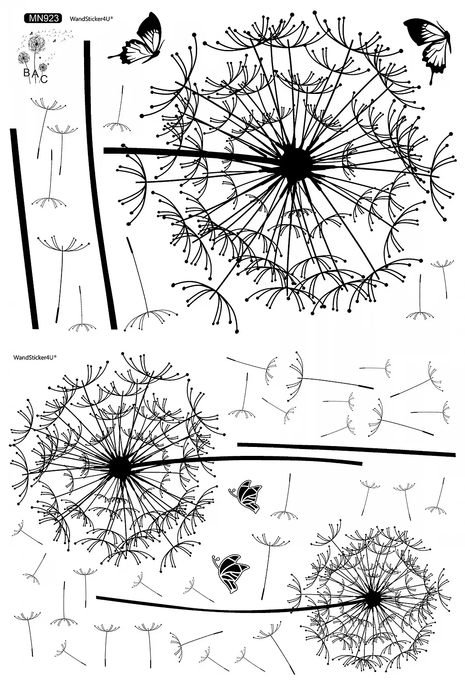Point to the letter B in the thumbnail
pyautogui.click(x=26, y=72)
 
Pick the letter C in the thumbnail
pyautogui.click(x=44, y=79)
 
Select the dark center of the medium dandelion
pyautogui.click(x=120, y=467)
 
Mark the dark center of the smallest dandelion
pyautogui.click(x=372, y=598)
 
